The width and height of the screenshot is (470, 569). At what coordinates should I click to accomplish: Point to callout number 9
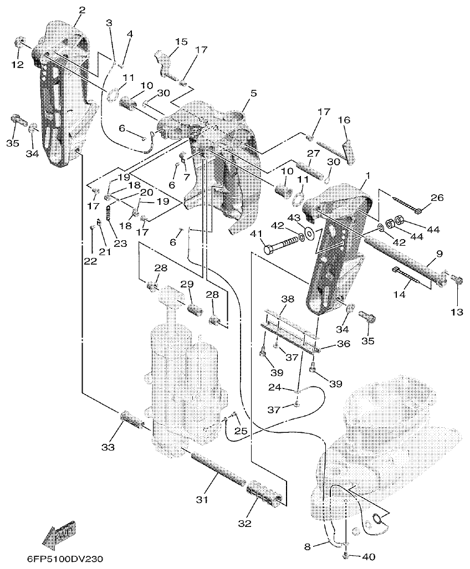(439, 254)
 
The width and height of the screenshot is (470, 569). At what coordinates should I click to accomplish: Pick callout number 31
(201, 499)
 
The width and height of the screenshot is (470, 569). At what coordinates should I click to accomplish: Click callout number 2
(82, 10)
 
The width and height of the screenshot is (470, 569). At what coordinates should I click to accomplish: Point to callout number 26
(437, 198)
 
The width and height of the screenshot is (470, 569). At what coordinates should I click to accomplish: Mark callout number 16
(344, 120)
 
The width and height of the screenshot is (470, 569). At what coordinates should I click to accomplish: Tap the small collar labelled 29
(194, 306)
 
